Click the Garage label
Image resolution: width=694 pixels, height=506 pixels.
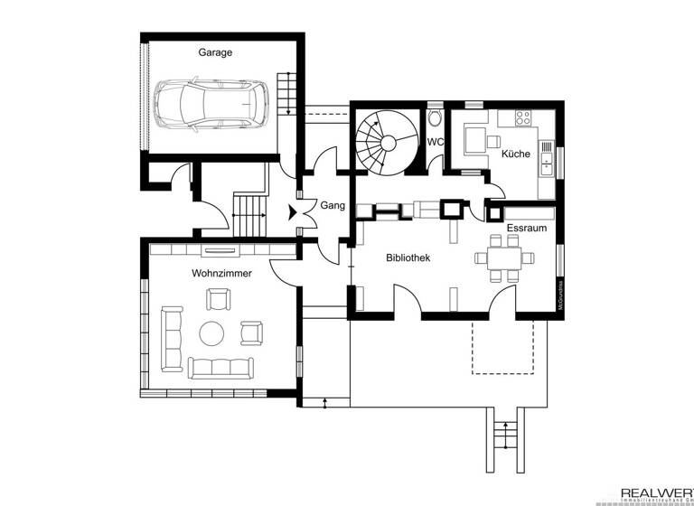tap(215, 52)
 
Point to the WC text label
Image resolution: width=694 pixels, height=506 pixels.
tap(436, 142)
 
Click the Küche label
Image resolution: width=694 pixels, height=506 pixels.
tap(515, 155)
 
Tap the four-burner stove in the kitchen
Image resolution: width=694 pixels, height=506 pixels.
tap(522, 117)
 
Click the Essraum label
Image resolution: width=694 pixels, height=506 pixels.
tap(526, 229)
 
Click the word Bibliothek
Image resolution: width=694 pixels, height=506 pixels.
tap(408, 258)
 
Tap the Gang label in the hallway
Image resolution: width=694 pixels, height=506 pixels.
tap(332, 206)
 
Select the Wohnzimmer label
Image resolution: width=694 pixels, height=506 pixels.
tap(221, 272)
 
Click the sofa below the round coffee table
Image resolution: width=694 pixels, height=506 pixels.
tap(219, 366)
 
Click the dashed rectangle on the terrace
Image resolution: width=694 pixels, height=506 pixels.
tap(505, 347)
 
